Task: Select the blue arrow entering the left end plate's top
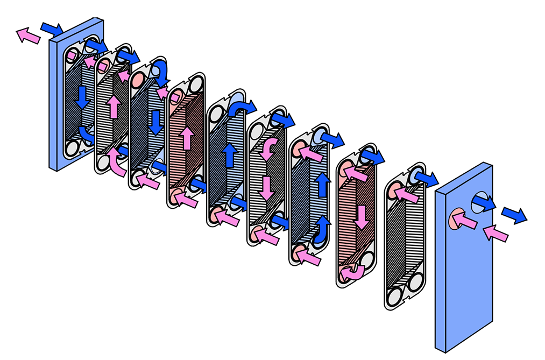pos(53,27)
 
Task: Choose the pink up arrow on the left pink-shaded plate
pos(187,138)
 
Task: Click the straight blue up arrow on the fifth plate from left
pos(230,155)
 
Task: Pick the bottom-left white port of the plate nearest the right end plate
pos(394,295)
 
